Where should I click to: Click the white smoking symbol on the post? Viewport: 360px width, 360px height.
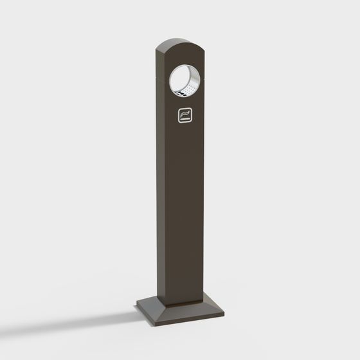[185, 116]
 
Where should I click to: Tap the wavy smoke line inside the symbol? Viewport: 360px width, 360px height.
[185, 114]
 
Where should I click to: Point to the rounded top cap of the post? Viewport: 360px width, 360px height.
[180, 45]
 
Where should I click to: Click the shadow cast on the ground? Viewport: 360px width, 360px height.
[96, 315]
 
